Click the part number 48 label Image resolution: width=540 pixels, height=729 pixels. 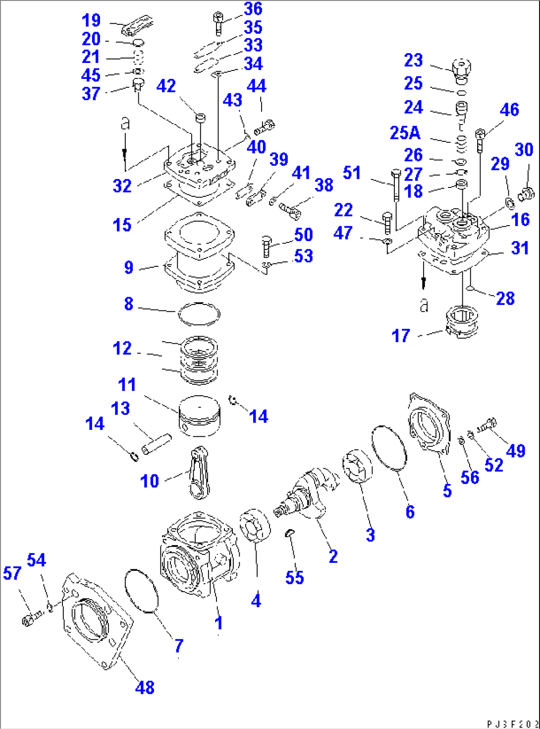point(145,687)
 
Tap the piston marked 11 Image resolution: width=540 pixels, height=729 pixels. point(199,416)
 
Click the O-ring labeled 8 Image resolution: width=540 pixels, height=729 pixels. point(199,314)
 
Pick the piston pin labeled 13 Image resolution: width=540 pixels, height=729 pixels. point(156,444)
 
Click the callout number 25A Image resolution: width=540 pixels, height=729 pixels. point(405,133)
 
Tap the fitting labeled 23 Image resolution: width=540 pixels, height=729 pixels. point(462,70)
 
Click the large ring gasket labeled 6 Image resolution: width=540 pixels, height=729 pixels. point(389,447)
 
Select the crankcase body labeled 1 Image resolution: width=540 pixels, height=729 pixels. point(198,555)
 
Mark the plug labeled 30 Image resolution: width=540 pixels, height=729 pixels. point(525,193)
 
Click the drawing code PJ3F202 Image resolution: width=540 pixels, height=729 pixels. point(512,724)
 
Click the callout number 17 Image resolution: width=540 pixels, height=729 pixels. point(401,336)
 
